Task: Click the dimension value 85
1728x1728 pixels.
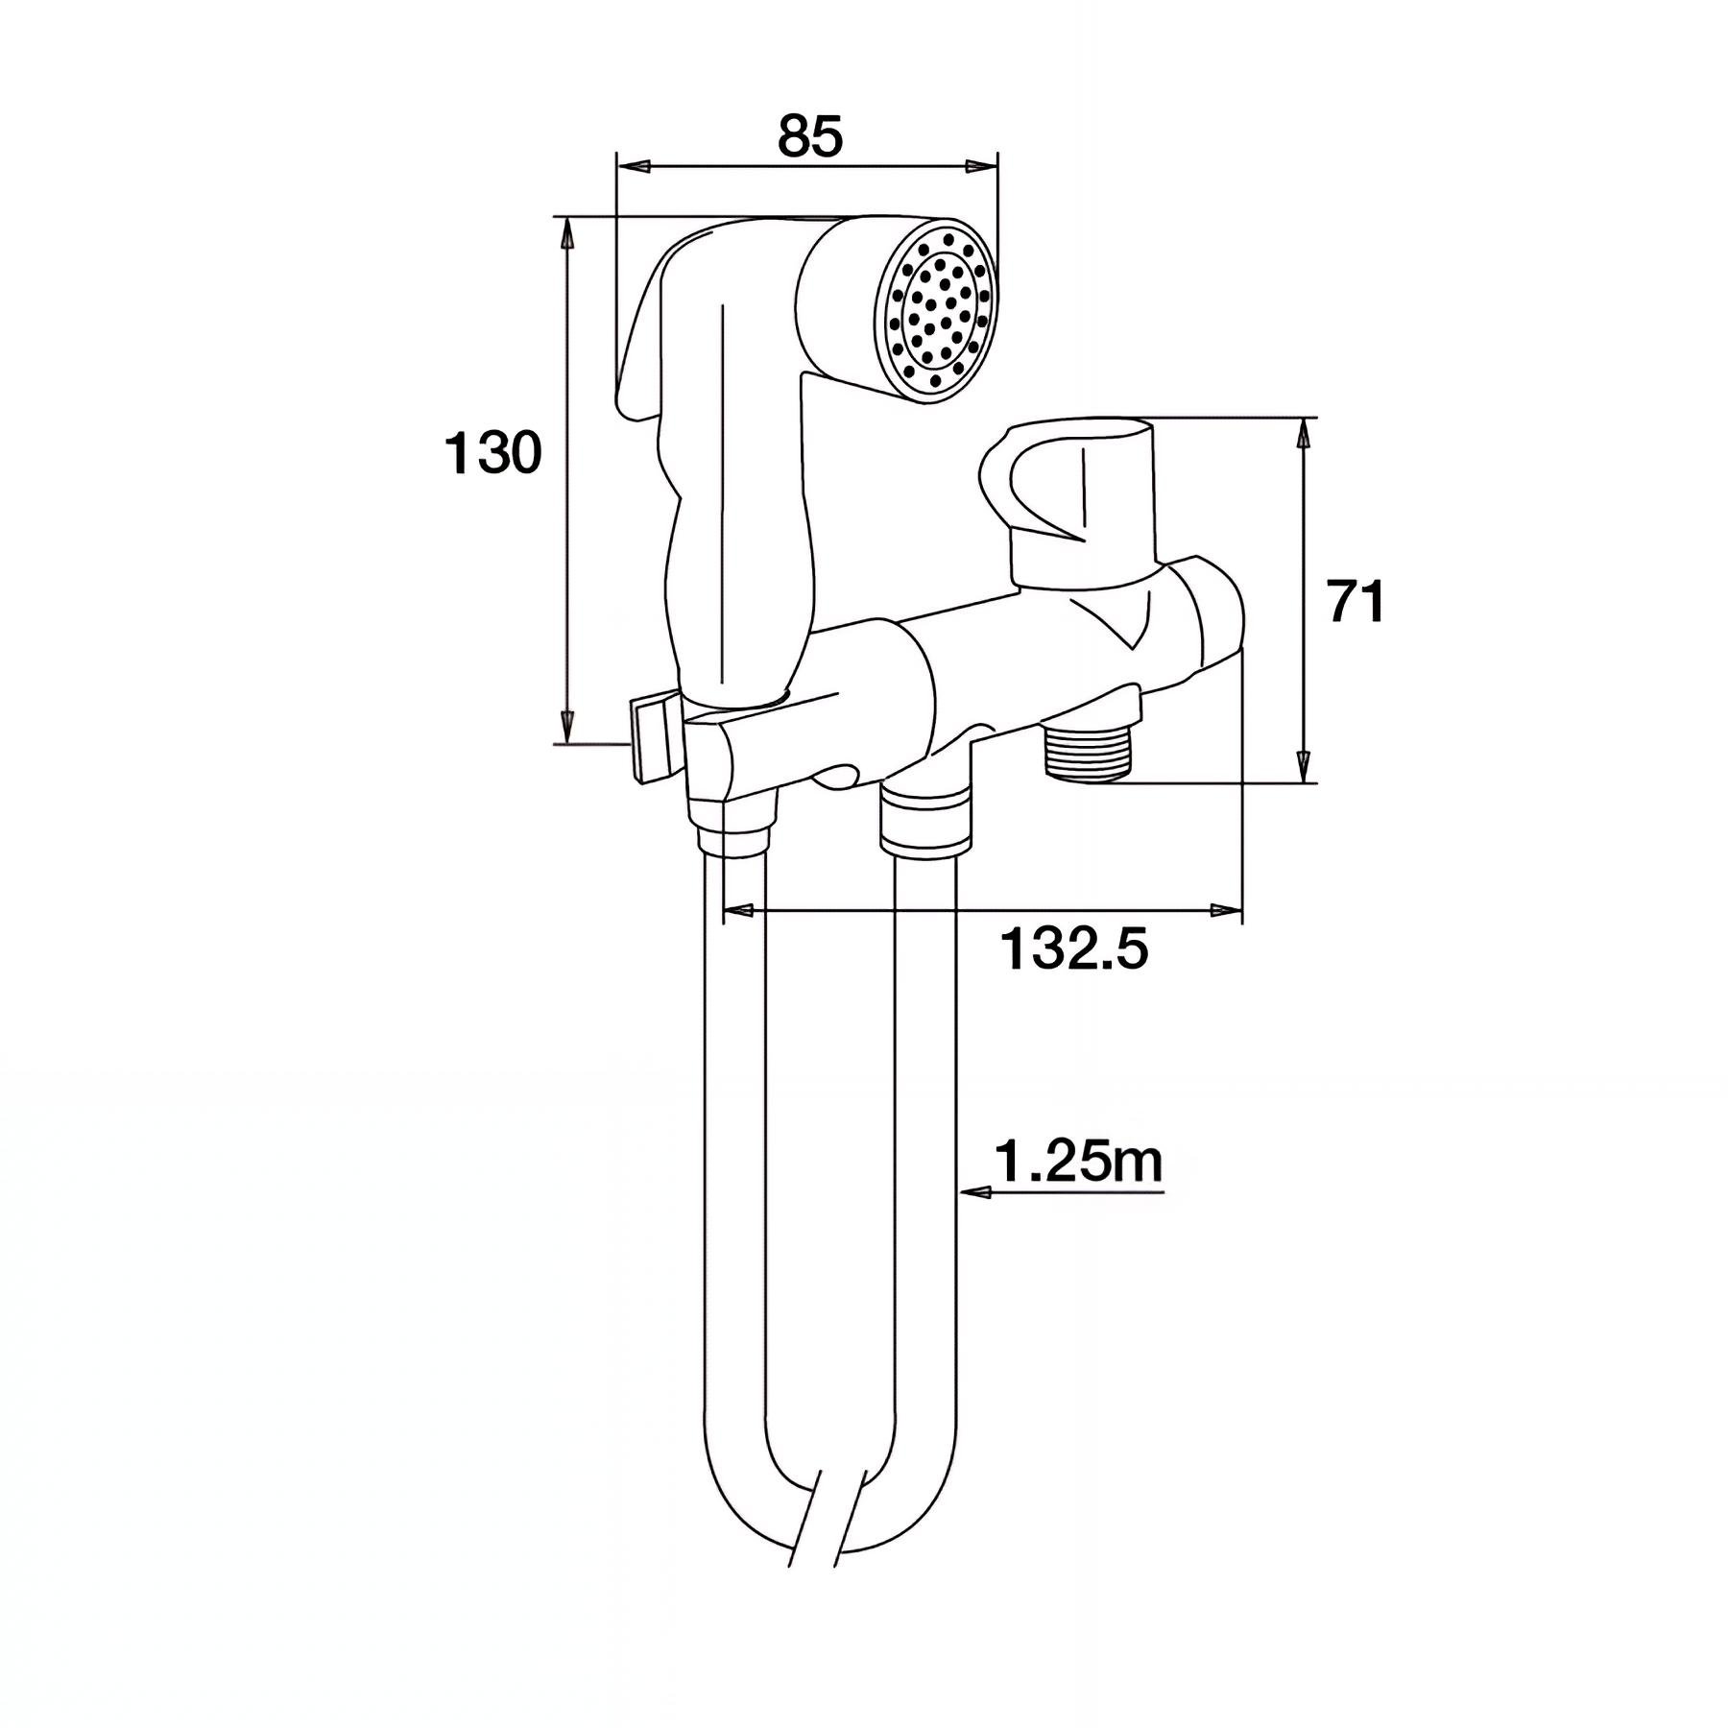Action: coord(810,135)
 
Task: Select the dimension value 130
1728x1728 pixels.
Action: coord(492,453)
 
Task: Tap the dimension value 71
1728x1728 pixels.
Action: coord(1356,602)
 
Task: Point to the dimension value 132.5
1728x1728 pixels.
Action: coord(1074,950)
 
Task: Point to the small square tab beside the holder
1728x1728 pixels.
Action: coord(650,737)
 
